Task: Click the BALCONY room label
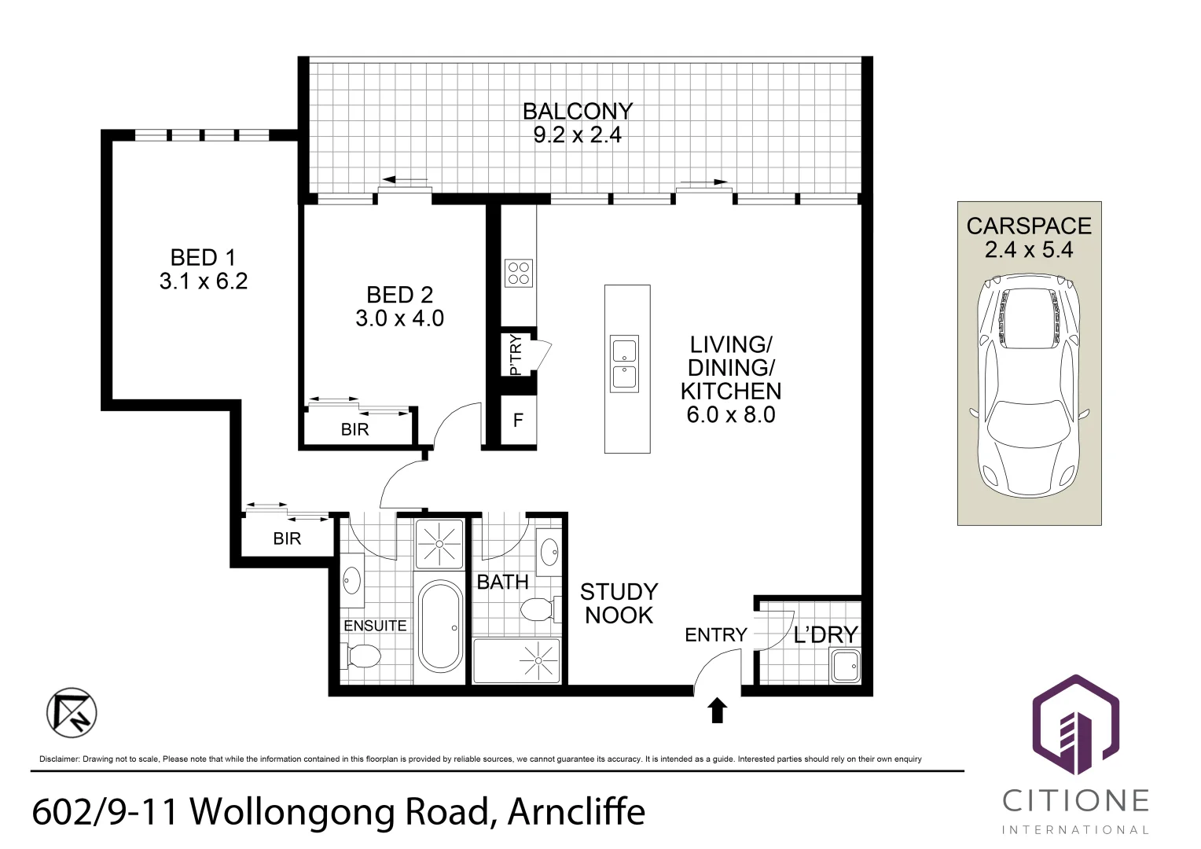pyautogui.click(x=578, y=112)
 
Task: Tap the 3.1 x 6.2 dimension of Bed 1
pyautogui.click(x=204, y=281)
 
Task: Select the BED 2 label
pyautogui.click(x=399, y=295)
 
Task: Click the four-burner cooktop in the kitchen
pyautogui.click(x=519, y=273)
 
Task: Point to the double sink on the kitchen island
pyautogui.click(x=624, y=364)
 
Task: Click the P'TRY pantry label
pyautogui.click(x=515, y=355)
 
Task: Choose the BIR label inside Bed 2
pyautogui.click(x=355, y=429)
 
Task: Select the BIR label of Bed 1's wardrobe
pyautogui.click(x=287, y=538)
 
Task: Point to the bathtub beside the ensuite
pyautogui.click(x=439, y=627)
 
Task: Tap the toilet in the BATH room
pyautogui.click(x=539, y=610)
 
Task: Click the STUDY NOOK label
pyautogui.click(x=619, y=604)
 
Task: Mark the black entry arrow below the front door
pyautogui.click(x=718, y=711)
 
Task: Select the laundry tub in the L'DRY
pyautogui.click(x=845, y=666)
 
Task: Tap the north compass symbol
pyautogui.click(x=72, y=713)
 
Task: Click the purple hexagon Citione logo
pyautogui.click(x=1075, y=724)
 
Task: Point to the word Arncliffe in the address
pyautogui.click(x=576, y=811)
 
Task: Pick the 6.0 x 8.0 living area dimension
pyautogui.click(x=731, y=414)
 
